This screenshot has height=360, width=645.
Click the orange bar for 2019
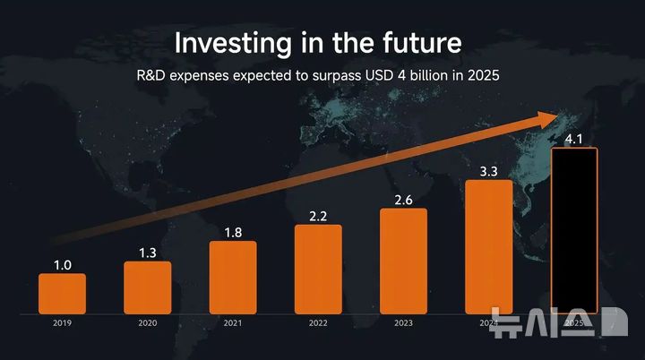click(x=63, y=294)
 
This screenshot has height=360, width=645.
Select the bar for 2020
click(x=148, y=287)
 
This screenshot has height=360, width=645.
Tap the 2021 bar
click(x=233, y=277)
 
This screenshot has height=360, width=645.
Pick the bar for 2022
click(x=318, y=269)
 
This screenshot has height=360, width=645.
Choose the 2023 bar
click(x=403, y=261)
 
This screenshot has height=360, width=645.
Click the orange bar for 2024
click(x=489, y=246)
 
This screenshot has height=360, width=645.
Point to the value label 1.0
click(x=62, y=264)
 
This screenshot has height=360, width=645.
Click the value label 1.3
click(x=148, y=253)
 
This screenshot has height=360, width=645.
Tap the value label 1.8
click(x=233, y=232)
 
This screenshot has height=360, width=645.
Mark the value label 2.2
click(x=318, y=216)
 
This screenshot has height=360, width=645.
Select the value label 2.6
click(x=403, y=199)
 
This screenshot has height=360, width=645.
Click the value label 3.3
click(x=489, y=171)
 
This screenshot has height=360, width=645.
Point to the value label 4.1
click(x=573, y=139)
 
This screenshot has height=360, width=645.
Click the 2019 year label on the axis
click(x=62, y=322)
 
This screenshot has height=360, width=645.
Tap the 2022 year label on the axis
click(x=318, y=322)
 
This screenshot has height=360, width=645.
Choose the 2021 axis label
click(x=233, y=322)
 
